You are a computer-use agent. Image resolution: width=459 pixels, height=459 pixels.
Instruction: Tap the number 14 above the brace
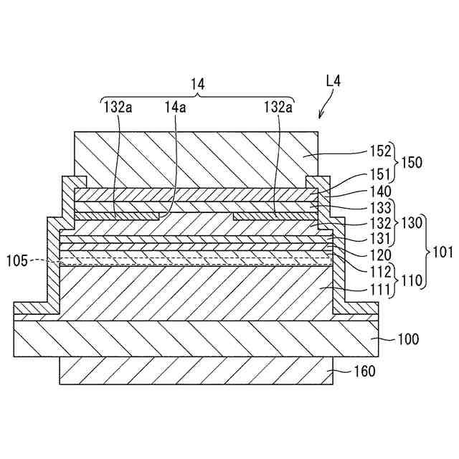point(197,84)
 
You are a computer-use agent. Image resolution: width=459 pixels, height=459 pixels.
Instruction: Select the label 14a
point(175,107)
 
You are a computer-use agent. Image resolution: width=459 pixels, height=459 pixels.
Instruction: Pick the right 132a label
point(278,107)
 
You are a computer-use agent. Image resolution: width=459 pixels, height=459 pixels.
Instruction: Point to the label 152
point(381,151)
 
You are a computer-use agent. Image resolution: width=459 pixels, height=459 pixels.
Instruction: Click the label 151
point(381,174)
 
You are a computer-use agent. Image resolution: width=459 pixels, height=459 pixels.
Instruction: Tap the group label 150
point(412,162)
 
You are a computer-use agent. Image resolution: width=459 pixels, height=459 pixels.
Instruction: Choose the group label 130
point(412,222)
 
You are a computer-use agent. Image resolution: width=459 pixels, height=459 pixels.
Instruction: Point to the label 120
point(381,254)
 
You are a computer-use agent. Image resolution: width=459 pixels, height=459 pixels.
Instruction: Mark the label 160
point(365,372)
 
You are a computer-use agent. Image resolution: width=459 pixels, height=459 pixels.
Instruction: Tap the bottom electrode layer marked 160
point(194,371)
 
